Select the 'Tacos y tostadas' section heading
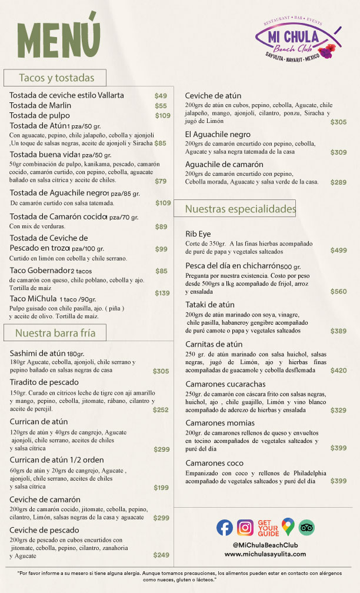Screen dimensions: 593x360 click(x=54, y=78)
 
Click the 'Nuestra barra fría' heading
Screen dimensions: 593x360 click(x=55, y=333)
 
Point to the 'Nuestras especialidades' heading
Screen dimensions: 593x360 click(x=240, y=208)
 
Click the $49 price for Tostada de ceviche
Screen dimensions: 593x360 click(x=161, y=95)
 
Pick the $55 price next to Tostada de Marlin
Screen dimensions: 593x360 click(x=161, y=106)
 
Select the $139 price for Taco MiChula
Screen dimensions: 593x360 click(x=162, y=293)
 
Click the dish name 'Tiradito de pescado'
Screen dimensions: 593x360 click(x=44, y=382)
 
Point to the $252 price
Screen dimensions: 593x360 click(x=161, y=410)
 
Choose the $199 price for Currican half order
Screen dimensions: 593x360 click(x=161, y=488)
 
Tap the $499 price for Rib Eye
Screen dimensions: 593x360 click(x=338, y=251)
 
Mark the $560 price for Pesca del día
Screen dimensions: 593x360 click(x=338, y=292)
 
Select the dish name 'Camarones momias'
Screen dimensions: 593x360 click(x=220, y=423)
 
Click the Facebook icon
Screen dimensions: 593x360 click(x=225, y=528)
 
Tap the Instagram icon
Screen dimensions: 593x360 click(x=245, y=528)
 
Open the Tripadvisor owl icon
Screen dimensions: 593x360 click(x=307, y=528)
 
